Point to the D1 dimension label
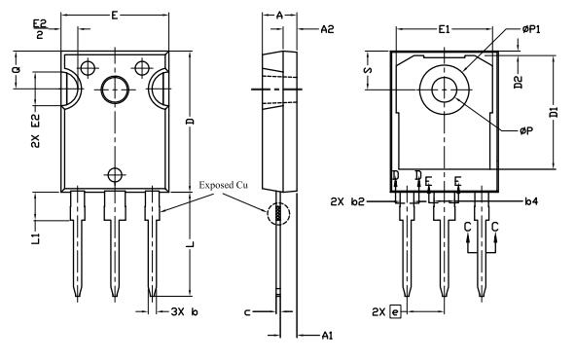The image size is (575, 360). click(x=554, y=112)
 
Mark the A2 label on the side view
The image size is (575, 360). click(x=328, y=30)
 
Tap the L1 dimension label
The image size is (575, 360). click(x=34, y=238)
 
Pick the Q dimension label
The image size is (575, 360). click(x=17, y=71)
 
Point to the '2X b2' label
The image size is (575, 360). click(x=347, y=201)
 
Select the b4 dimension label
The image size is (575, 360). click(x=531, y=201)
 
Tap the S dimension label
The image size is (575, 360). click(x=367, y=72)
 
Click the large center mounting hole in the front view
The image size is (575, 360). click(x=115, y=90)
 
